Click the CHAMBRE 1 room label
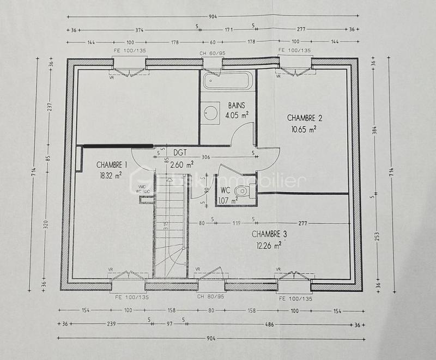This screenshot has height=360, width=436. [112, 164]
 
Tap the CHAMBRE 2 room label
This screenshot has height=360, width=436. [305, 118]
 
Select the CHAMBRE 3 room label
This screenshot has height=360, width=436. [269, 234]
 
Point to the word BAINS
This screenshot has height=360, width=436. [237, 105]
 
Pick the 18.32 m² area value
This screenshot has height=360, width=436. [110, 175]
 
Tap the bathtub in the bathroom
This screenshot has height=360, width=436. [228, 81]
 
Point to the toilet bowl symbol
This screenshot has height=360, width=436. [245, 191]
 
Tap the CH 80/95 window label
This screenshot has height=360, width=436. [211, 297]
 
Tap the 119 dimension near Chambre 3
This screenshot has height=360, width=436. [236, 223]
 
